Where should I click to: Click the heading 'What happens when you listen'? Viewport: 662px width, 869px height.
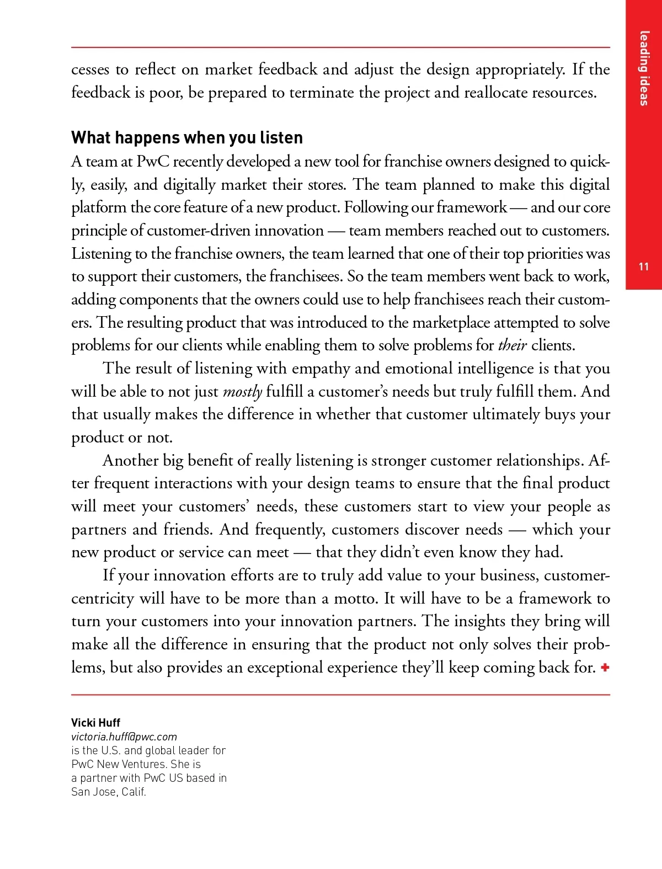point(187,137)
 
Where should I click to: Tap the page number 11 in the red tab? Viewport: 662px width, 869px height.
point(643,267)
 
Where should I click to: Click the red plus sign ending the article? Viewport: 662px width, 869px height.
point(605,668)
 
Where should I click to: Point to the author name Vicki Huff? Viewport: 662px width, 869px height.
point(95,723)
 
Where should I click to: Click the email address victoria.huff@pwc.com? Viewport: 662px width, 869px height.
point(124,737)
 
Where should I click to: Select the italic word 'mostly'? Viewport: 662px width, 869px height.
point(242,392)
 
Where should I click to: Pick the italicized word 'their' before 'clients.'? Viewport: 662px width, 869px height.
point(512,346)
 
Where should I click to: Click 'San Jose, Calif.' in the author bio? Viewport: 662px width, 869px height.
point(109,792)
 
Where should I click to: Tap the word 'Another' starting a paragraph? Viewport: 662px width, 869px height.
point(130,461)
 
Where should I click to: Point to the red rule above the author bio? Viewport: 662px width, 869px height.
point(340,695)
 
